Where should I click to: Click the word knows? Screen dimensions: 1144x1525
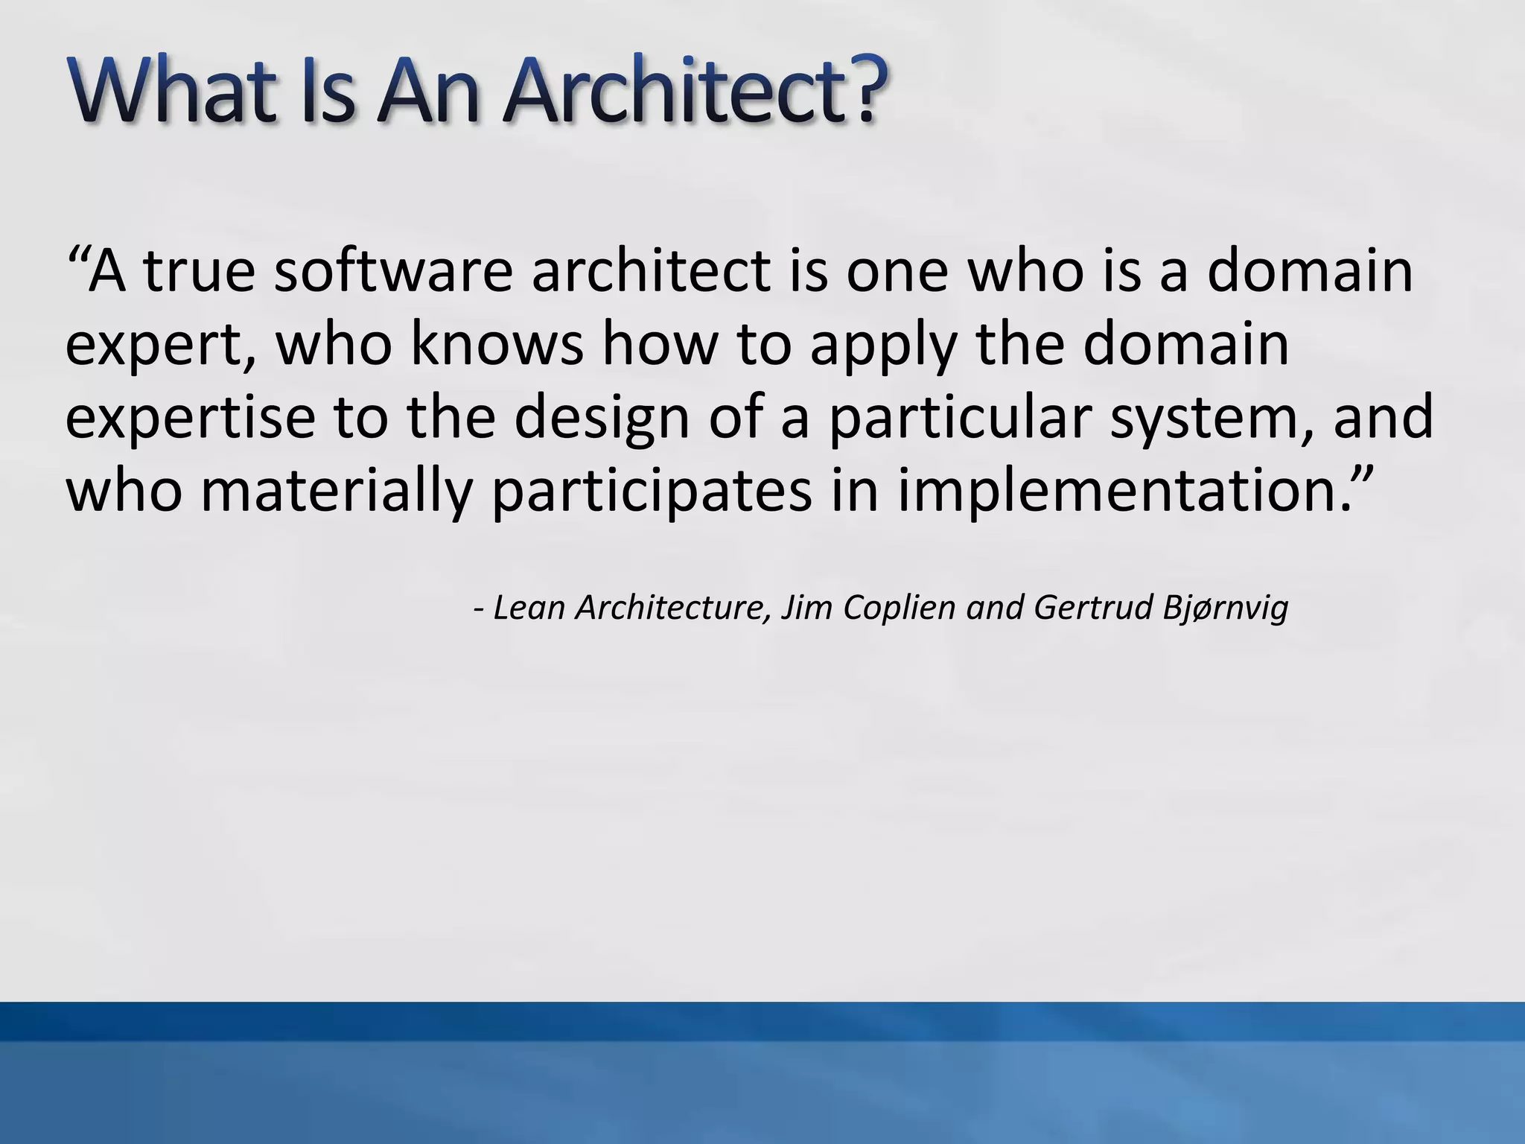click(x=497, y=344)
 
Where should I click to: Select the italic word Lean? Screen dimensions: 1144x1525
click(x=528, y=608)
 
